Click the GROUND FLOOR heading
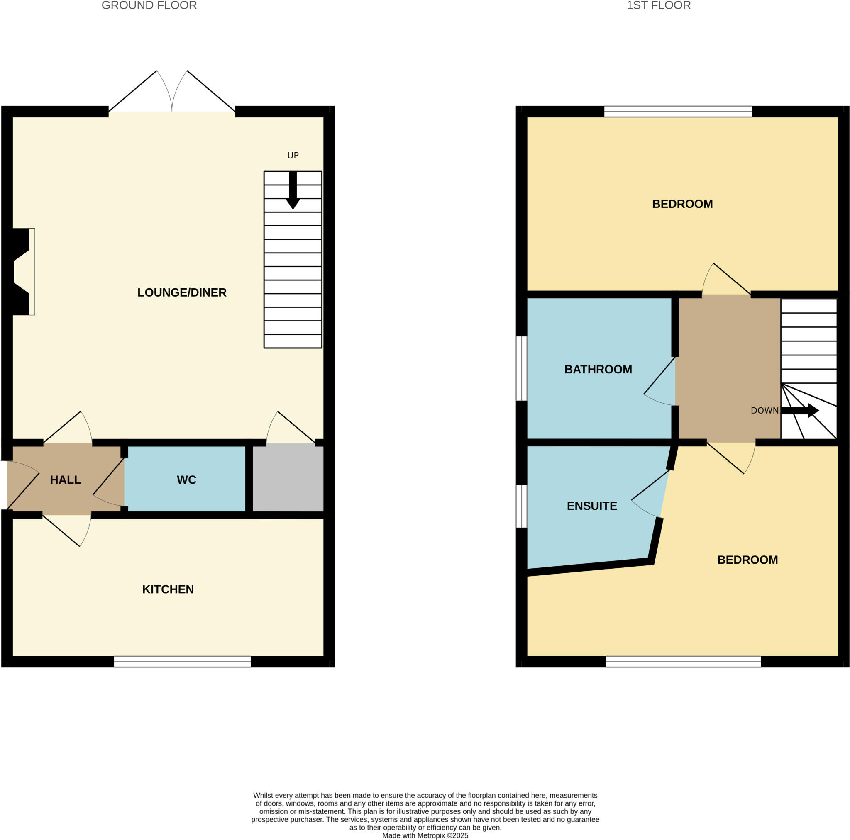click(149, 6)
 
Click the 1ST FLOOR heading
click(658, 6)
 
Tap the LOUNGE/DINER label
click(182, 292)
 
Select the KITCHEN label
click(168, 589)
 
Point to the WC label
click(186, 480)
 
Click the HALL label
click(65, 480)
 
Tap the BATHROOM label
click(598, 370)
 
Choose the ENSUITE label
click(592, 506)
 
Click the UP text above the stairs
click(293, 155)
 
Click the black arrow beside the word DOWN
click(799, 410)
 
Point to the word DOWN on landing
click(764, 411)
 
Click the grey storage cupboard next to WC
click(288, 477)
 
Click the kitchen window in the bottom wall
click(182, 662)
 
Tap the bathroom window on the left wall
click(521, 368)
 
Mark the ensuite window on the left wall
click(521, 506)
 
